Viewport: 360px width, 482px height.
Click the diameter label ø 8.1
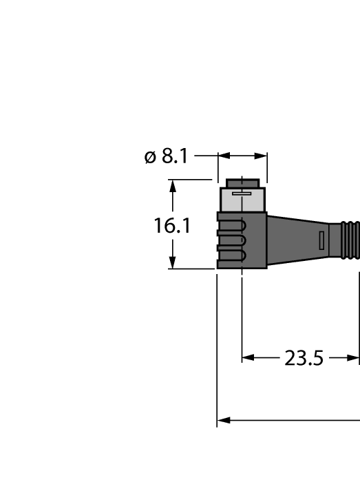pos(166,157)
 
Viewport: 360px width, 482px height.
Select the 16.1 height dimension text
pos(172,225)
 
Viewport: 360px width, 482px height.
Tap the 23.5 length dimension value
pos(304,358)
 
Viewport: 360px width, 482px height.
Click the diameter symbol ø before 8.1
pos(151,158)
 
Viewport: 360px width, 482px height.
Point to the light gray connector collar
pos(242,200)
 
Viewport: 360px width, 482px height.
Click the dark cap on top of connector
pos(243,182)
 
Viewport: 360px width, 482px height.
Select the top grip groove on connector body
pos(234,224)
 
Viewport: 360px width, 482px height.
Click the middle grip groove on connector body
pos(234,240)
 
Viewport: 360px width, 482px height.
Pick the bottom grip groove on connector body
pos(234,256)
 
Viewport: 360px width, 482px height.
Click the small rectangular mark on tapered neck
pos(321,240)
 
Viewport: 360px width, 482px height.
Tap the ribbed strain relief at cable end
pos(350,240)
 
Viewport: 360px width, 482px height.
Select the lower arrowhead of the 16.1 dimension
pos(173,263)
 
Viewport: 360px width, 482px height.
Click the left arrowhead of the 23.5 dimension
pos(248,358)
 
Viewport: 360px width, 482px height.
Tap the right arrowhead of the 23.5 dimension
pos(353,358)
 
